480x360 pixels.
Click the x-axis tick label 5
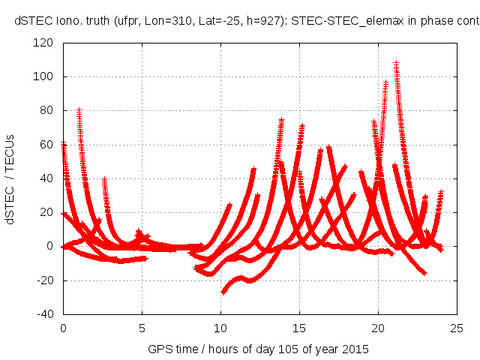pyautogui.click(x=142, y=327)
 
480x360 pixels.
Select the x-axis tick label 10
pyautogui.click(x=220, y=327)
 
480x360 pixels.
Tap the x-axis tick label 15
pyautogui.click(x=299, y=327)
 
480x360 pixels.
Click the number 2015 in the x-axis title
pyautogui.click(x=354, y=349)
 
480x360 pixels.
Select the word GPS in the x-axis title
pyautogui.click(x=158, y=349)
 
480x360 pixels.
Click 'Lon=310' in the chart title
pyautogui.click(x=162, y=22)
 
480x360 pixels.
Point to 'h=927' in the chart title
pyautogui.click(x=256, y=22)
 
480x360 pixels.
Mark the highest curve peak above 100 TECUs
pyautogui.click(x=396, y=64)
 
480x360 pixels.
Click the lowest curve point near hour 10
pyautogui.click(x=223, y=292)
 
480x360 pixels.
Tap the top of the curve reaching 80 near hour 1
pyautogui.click(x=79, y=110)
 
